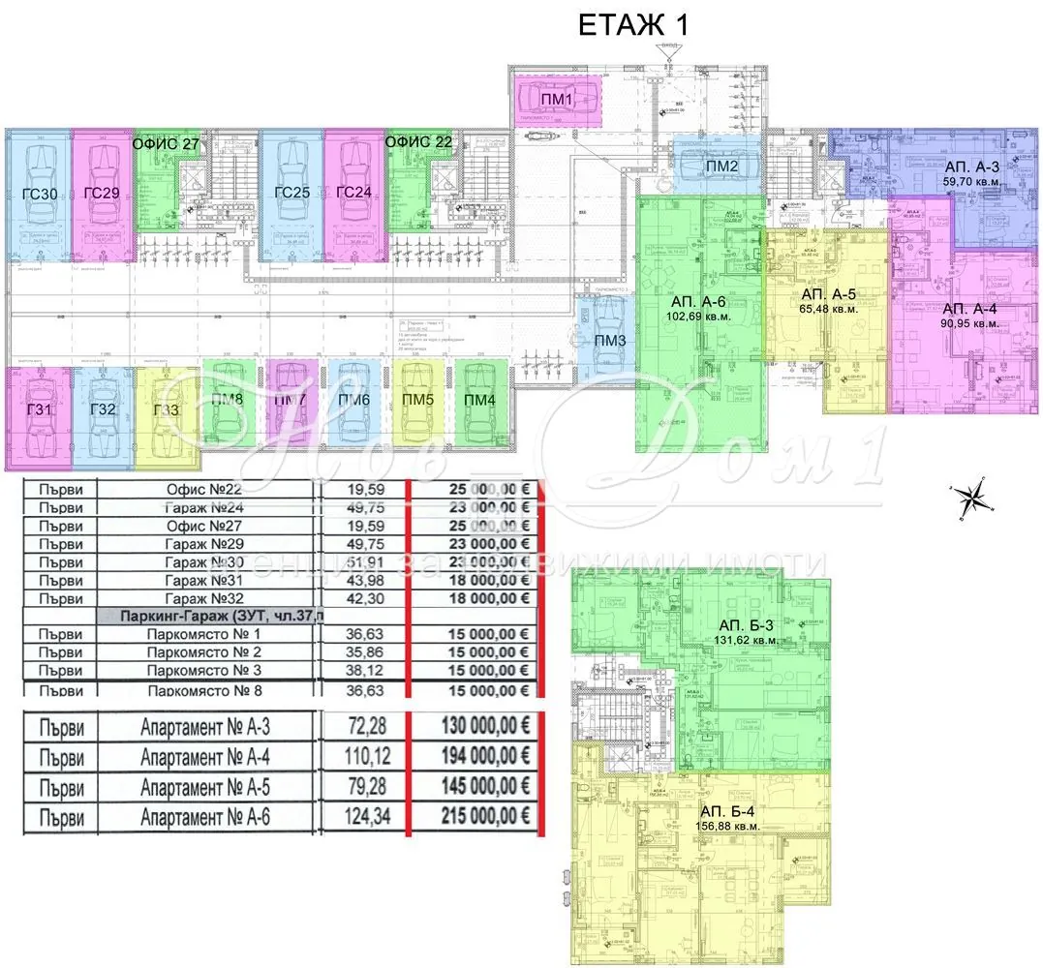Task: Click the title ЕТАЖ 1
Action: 633,24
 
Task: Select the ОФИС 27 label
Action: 166,144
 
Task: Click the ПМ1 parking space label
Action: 557,99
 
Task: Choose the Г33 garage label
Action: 167,409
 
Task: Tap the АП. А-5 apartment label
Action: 829,293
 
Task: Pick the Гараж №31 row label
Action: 208,580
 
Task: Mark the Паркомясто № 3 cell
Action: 208,670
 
